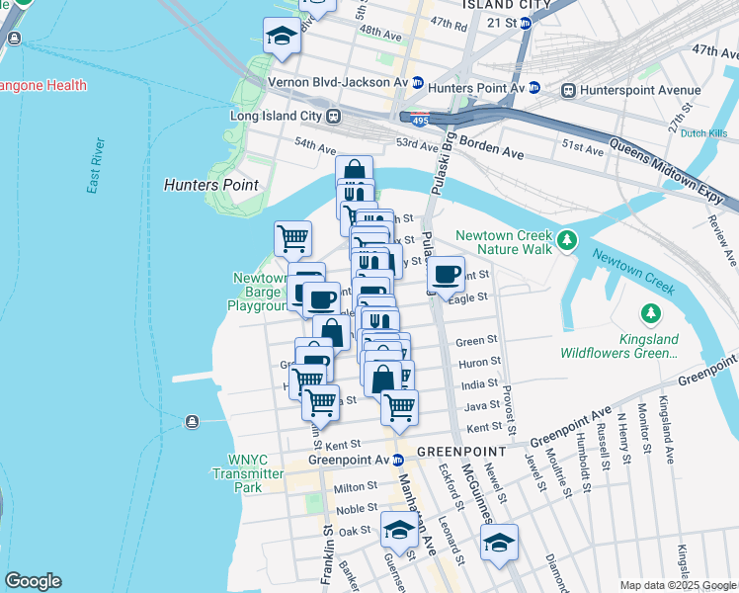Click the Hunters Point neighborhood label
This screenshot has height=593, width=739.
210,185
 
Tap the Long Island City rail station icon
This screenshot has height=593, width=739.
334,116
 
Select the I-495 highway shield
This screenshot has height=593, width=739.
418,118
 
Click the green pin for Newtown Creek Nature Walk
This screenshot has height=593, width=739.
566,239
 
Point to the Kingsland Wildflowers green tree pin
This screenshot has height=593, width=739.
650,314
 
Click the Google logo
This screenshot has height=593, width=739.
33,581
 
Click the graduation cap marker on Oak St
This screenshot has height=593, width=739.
398,529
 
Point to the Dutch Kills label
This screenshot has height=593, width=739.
704,132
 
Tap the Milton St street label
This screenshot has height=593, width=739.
356,487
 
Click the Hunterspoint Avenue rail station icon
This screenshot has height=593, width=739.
568,90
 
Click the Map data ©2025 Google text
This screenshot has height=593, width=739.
677,584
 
